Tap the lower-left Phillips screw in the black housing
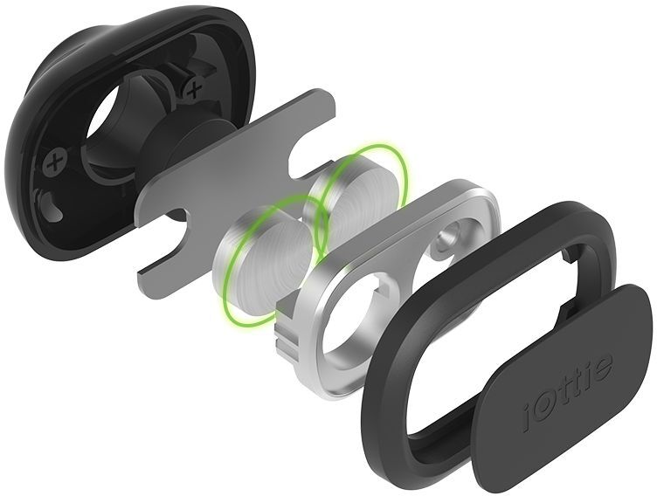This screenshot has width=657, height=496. coord(58,162)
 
